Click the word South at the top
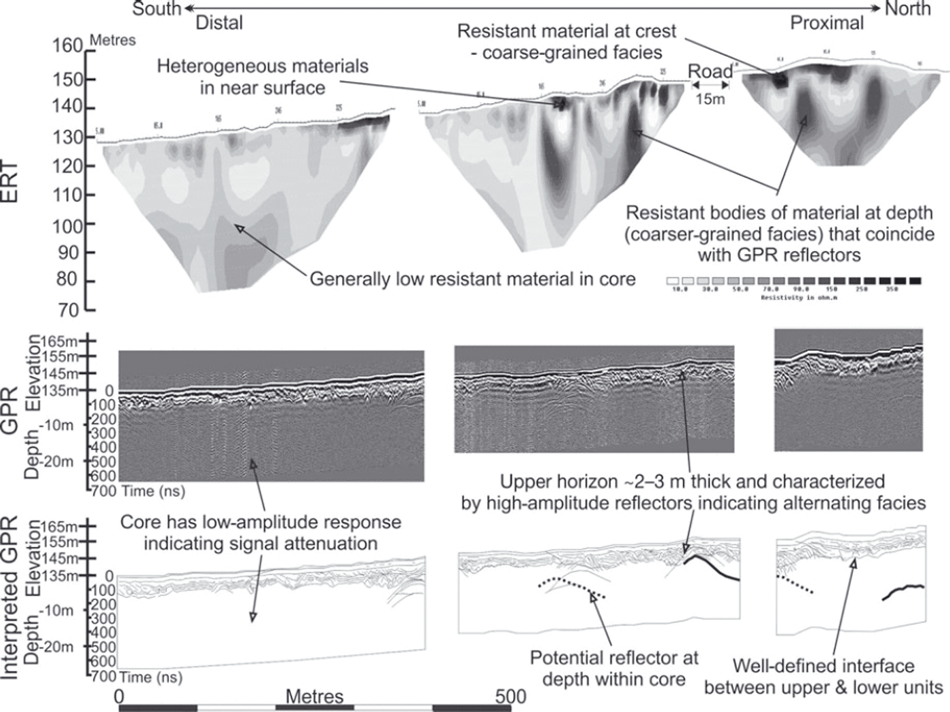[x=157, y=9]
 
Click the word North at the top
[x=908, y=9]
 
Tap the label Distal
[x=219, y=23]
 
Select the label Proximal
[x=827, y=23]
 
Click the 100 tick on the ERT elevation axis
[x=66, y=225]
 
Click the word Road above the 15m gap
[x=710, y=72]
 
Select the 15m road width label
[x=710, y=99]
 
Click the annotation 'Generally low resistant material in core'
[x=472, y=279]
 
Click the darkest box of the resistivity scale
[x=915, y=280]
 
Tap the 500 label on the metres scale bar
[x=510, y=696]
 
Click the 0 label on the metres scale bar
[x=119, y=696]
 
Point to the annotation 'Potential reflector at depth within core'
[x=613, y=668]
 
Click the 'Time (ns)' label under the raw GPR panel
[x=153, y=491]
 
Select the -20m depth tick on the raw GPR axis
[x=58, y=462]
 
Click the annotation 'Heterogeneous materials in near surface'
[x=263, y=77]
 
